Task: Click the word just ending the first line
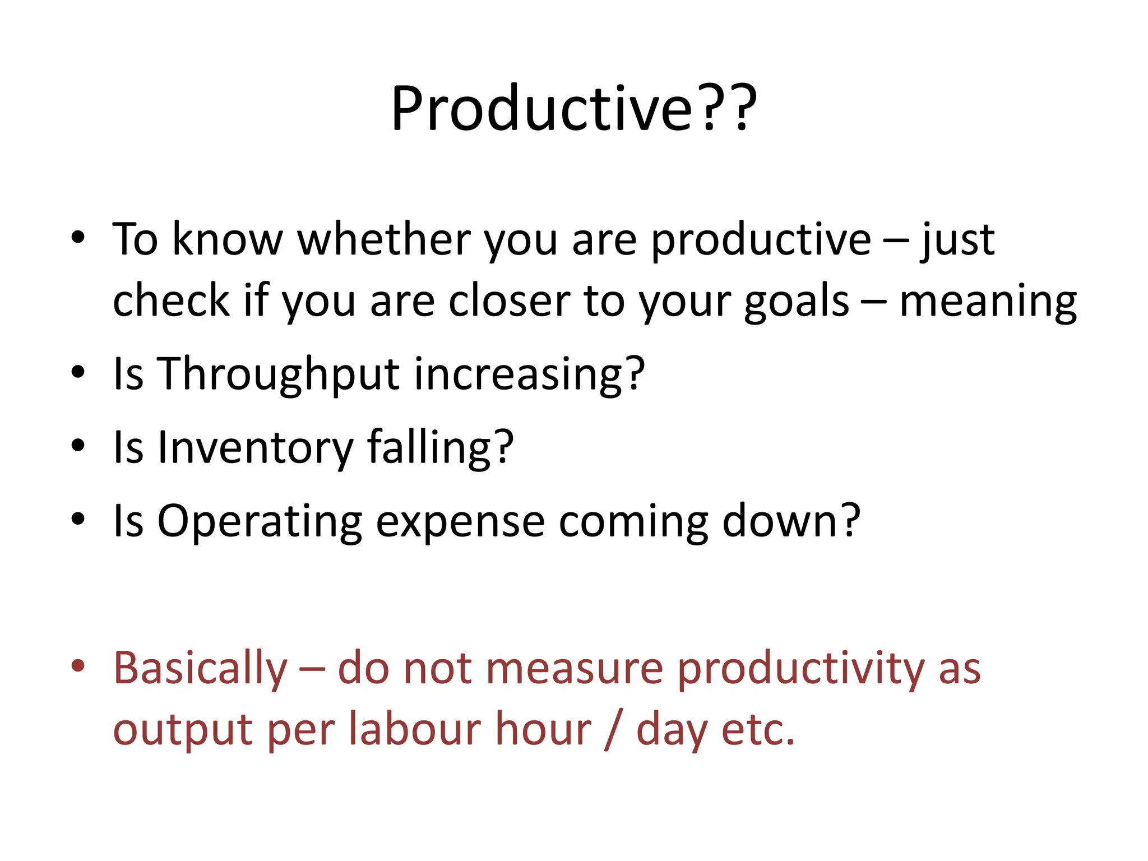[x=957, y=240]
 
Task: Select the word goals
[x=797, y=302]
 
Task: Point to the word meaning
[x=988, y=302]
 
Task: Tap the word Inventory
[x=255, y=447]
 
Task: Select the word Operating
[x=260, y=521]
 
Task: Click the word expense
[x=460, y=521]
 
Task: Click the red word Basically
[x=201, y=669]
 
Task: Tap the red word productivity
[x=800, y=669]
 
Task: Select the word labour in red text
[x=414, y=730]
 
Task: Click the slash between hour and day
[x=613, y=730]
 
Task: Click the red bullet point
[x=78, y=665]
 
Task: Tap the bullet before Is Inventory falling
[x=78, y=445]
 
